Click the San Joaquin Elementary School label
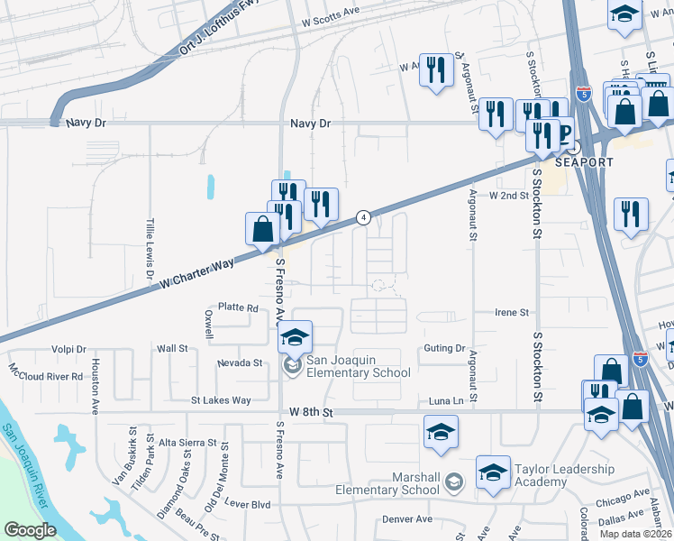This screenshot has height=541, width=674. (359, 366)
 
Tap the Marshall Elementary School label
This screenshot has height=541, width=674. (389, 483)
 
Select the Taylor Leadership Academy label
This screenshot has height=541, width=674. (564, 475)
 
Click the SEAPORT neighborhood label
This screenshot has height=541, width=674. (584, 162)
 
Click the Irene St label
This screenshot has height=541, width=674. (511, 312)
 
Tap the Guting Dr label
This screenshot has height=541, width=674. (442, 348)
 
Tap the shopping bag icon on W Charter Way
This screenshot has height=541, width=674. (262, 229)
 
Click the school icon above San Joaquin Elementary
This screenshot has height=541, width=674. (294, 338)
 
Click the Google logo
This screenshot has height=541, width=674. (31, 530)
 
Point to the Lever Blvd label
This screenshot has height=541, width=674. (248, 504)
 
